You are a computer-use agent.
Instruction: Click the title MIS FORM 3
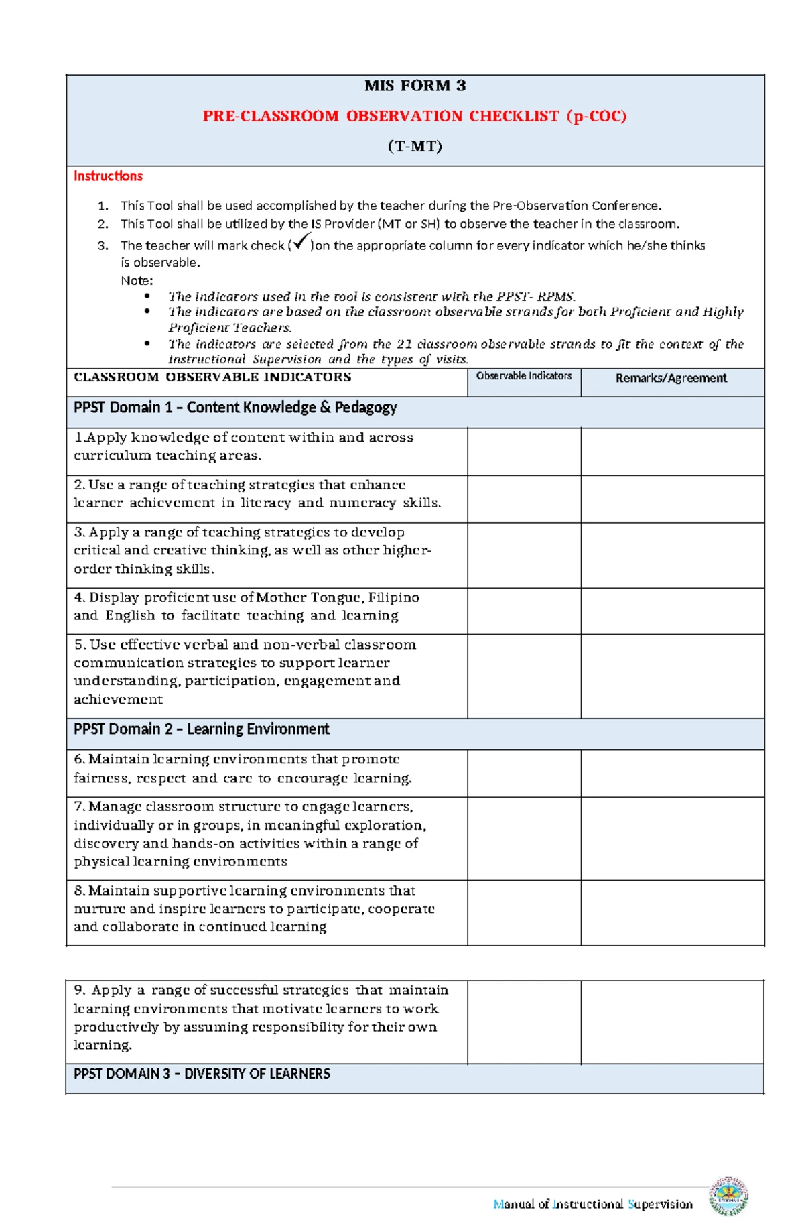tap(415, 86)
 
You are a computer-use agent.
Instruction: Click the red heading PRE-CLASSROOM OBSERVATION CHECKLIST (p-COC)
tap(415, 116)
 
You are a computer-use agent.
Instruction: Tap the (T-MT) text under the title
tap(415, 146)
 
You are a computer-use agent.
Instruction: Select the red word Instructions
tap(108, 176)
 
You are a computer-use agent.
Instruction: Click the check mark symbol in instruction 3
tap(301, 241)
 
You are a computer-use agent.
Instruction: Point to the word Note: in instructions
tap(137, 280)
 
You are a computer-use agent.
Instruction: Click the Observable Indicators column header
tap(523, 376)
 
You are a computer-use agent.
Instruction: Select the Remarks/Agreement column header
tap(671, 378)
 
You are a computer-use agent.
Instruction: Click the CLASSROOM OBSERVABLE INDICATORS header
tap(212, 377)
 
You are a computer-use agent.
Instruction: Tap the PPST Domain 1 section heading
tap(235, 408)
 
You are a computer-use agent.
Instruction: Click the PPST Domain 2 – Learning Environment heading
tap(202, 729)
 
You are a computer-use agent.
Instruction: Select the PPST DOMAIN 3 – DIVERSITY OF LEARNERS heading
tap(202, 1074)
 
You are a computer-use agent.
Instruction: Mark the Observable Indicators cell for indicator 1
tap(523, 452)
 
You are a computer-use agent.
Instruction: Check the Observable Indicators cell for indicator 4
tap(523, 611)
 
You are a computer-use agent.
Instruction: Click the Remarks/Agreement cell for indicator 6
tap(672, 773)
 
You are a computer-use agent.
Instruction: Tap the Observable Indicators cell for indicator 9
tap(523, 1022)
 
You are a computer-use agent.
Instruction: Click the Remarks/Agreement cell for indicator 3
tap(672, 555)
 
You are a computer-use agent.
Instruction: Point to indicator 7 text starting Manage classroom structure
tap(249, 834)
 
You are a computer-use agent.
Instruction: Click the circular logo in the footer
tap(729, 1196)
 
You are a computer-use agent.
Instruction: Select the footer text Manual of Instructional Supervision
tap(592, 1204)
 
